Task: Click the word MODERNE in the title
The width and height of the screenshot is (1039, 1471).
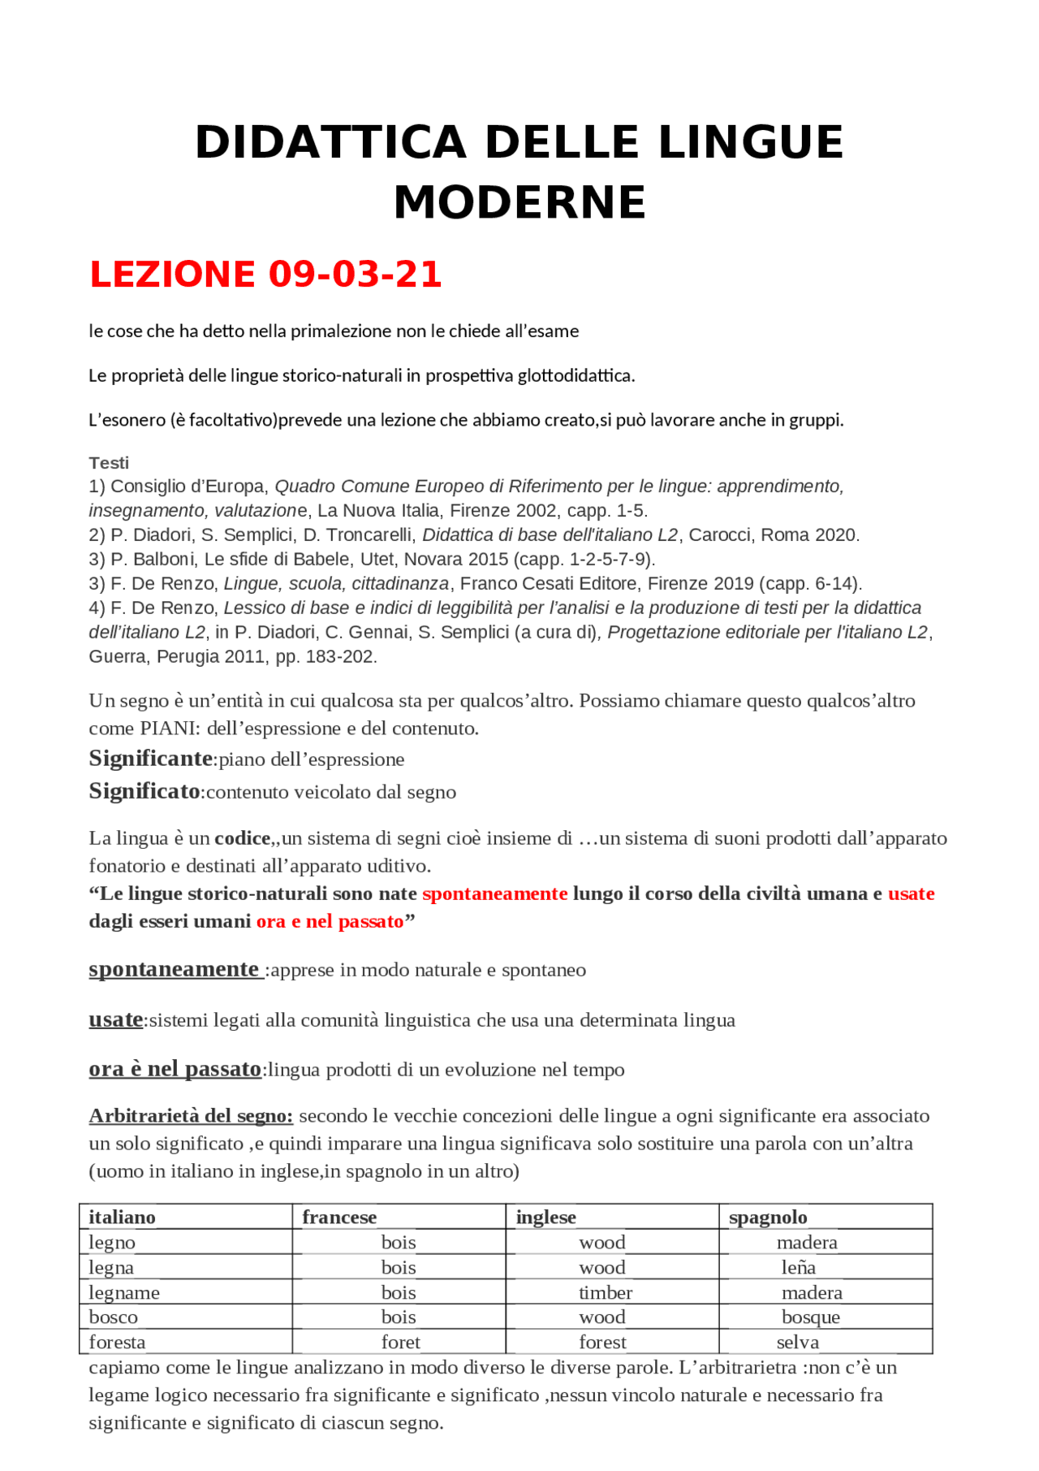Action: pos(519,202)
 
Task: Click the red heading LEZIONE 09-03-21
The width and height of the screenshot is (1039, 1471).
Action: pos(265,274)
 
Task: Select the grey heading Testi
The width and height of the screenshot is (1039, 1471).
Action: pos(109,463)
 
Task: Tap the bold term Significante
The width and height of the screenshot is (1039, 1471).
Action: pos(150,759)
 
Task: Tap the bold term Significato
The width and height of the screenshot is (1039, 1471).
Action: pos(144,791)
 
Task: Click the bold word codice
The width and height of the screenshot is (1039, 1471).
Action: pos(242,838)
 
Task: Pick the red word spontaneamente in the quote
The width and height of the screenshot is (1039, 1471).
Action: pos(494,893)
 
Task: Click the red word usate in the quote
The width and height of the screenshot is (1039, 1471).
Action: pos(911,893)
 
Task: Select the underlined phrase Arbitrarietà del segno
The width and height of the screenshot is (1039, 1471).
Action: pos(191,1116)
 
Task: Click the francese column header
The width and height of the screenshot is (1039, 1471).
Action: pos(339,1217)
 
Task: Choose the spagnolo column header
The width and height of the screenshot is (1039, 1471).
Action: pos(768,1217)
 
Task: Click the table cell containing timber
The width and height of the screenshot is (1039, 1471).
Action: pos(606,1292)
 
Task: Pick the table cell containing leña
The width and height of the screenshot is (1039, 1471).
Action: pos(799,1267)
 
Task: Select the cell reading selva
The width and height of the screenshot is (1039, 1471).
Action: pos(798,1342)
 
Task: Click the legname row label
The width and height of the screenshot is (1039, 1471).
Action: pos(124,1292)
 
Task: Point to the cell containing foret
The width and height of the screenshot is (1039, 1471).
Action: pos(401,1342)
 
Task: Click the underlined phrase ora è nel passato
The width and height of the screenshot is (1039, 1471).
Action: pos(175,1069)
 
